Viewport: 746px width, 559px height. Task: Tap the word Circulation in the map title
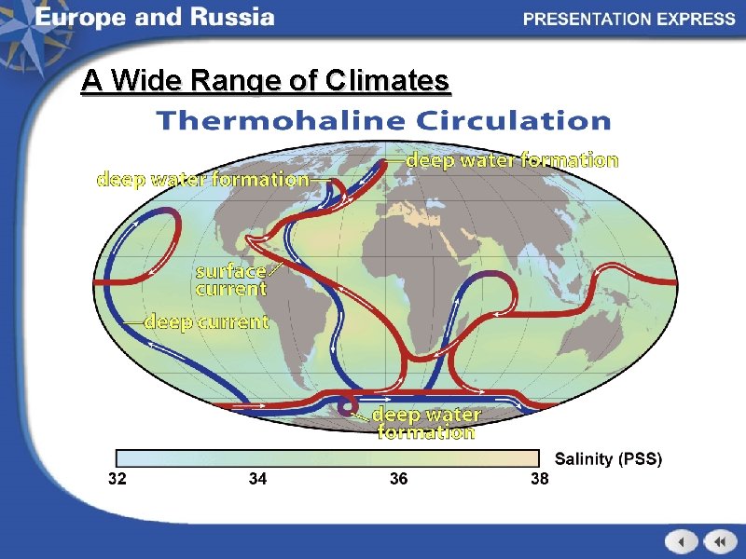(x=513, y=121)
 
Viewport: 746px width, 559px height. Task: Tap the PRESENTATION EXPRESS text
(x=629, y=19)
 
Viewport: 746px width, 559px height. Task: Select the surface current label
(x=230, y=279)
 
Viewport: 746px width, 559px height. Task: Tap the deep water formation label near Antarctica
(x=426, y=423)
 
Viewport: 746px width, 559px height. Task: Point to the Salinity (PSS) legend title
(x=609, y=458)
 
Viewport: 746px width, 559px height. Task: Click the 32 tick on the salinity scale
(x=117, y=479)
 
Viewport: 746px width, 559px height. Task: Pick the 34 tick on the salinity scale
(x=257, y=479)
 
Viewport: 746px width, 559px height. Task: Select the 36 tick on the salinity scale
(x=398, y=479)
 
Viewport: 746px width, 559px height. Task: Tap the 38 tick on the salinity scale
(x=540, y=479)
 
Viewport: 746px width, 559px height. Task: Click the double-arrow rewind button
(x=720, y=541)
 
